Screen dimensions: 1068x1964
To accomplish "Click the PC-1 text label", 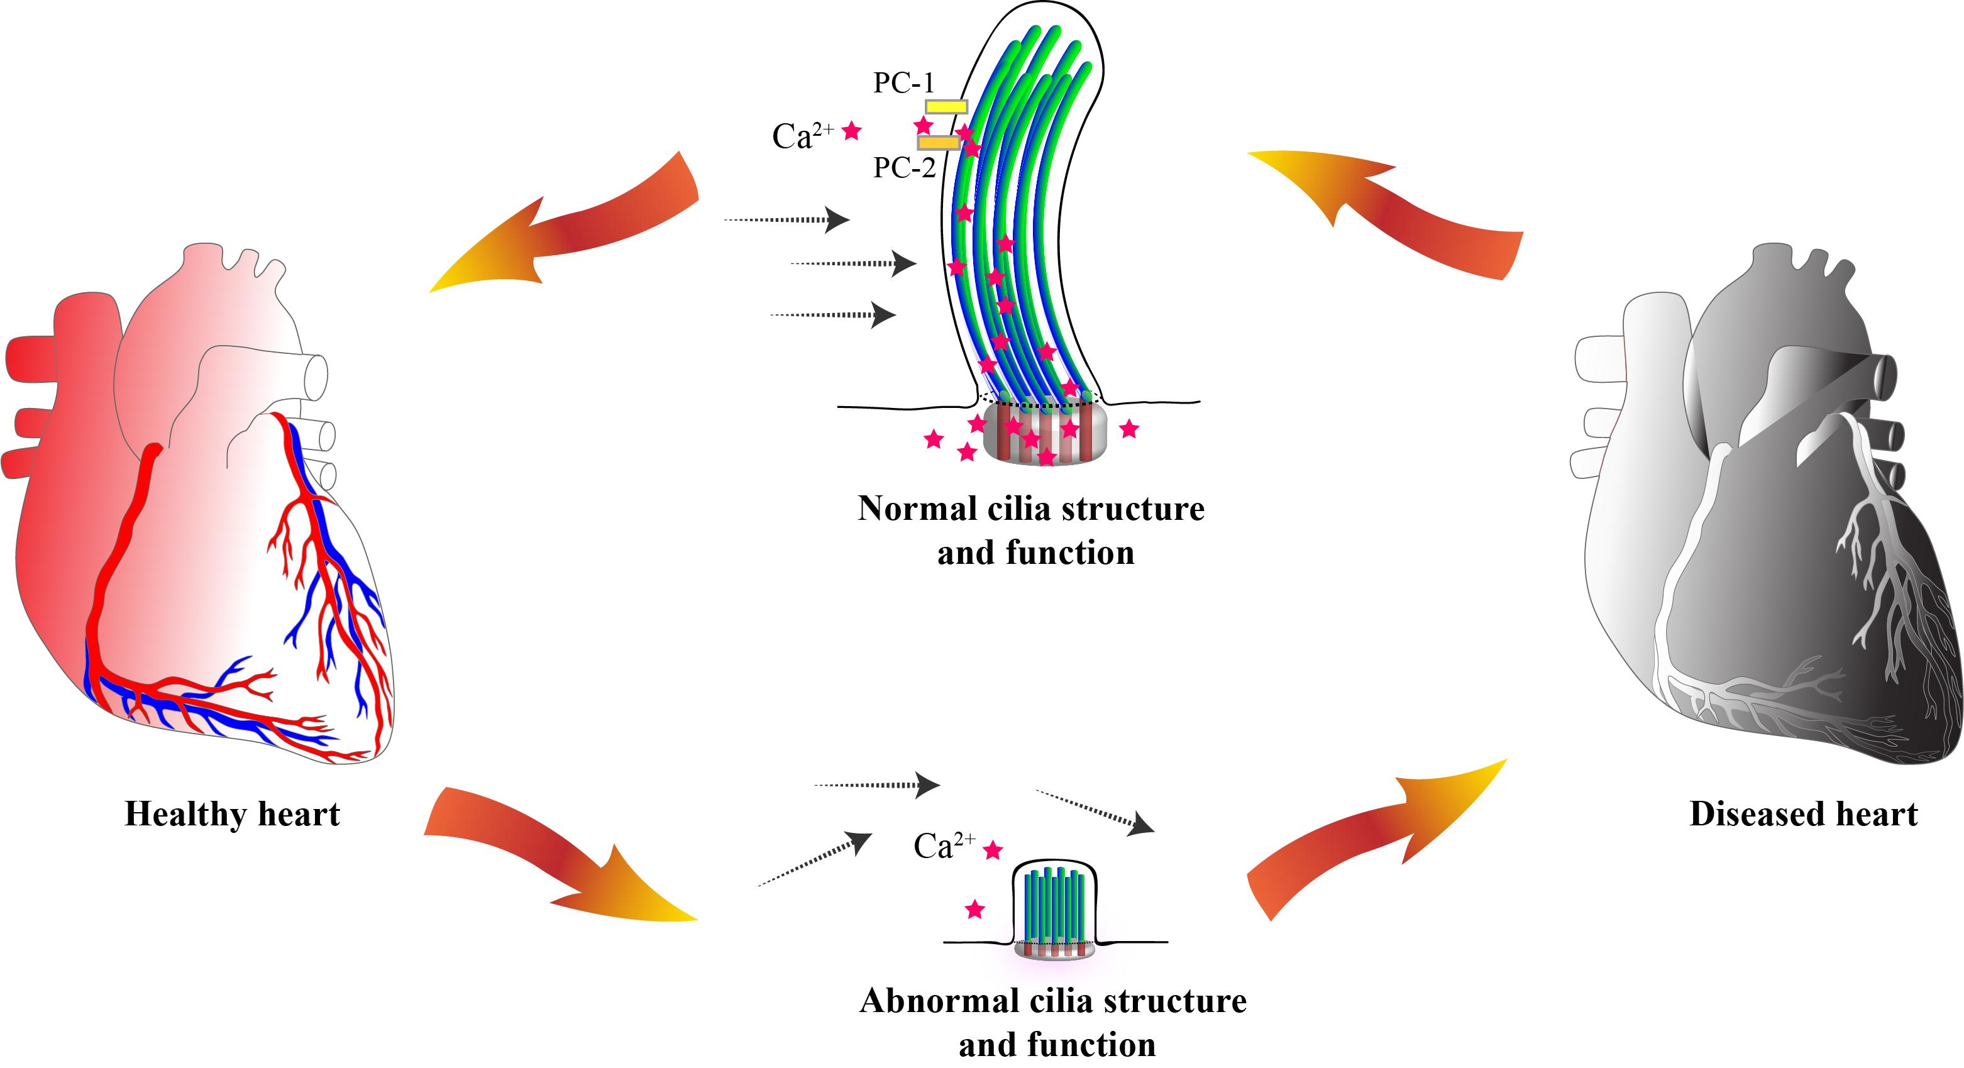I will click(x=903, y=83).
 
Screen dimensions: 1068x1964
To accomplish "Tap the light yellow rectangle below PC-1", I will click(x=946, y=107).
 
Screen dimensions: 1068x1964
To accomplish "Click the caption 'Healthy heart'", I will click(x=232, y=814).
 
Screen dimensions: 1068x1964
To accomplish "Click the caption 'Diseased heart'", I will click(x=1803, y=814).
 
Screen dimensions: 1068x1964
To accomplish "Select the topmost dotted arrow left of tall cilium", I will click(x=785, y=220).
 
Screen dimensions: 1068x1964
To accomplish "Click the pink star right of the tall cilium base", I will click(x=1129, y=429).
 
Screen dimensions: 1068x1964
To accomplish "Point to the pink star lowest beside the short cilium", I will click(x=974, y=909).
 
